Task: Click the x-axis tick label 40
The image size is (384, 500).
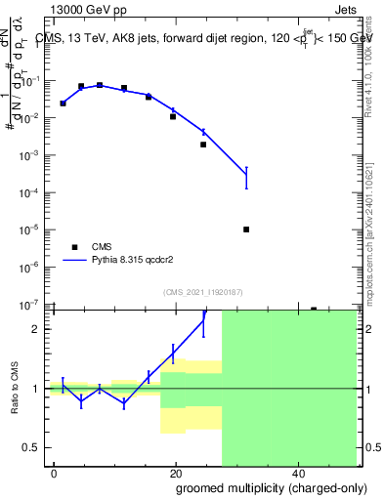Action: pyautogui.click(x=297, y=472)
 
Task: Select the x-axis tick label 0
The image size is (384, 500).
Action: pyautogui.click(x=54, y=472)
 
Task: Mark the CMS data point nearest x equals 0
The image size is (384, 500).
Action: pyautogui.click(x=63, y=103)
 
